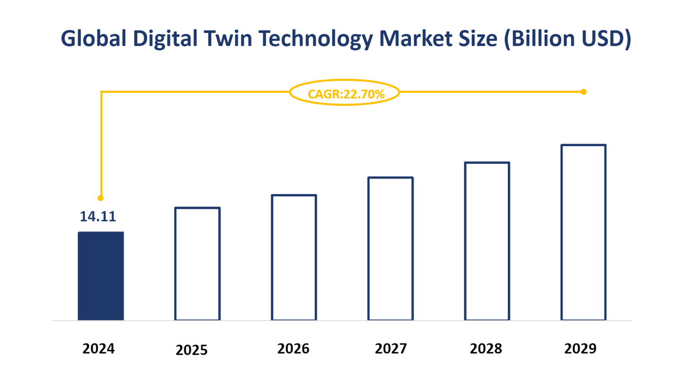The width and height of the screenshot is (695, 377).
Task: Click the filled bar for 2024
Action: tap(101, 276)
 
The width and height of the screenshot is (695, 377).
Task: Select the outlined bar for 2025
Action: tap(197, 264)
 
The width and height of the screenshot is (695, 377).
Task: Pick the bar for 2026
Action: tap(294, 258)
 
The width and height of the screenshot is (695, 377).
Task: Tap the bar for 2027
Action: tap(390, 249)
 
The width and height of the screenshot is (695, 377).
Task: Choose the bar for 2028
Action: tap(487, 241)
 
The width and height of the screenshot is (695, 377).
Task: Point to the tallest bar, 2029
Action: tap(583, 232)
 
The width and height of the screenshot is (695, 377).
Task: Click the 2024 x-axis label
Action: tap(98, 349)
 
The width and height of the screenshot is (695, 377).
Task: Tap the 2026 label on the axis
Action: tap(293, 349)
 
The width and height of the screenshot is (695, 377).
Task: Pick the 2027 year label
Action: tap(391, 349)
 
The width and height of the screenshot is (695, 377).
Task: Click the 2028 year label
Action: tap(486, 349)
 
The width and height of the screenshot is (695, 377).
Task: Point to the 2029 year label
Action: tap(581, 349)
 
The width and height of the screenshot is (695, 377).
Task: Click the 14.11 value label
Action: tap(98, 216)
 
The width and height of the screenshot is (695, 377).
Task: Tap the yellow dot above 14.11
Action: tap(100, 198)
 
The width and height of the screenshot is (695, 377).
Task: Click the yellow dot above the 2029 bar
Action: tap(583, 92)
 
